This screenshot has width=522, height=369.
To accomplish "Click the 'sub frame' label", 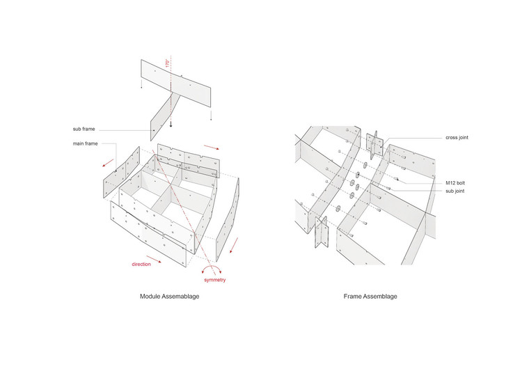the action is coord(84,129).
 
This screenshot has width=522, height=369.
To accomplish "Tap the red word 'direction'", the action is coord(142,265).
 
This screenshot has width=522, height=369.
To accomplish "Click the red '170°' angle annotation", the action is coord(167,63).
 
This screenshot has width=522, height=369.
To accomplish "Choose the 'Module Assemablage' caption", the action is coord(168,297).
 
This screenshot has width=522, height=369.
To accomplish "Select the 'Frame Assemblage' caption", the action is coord(370,297).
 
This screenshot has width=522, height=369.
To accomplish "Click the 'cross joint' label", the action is coord(457,138).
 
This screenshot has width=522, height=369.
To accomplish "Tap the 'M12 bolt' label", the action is coord(455,182).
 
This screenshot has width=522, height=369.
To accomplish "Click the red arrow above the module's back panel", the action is coord(209,149).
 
